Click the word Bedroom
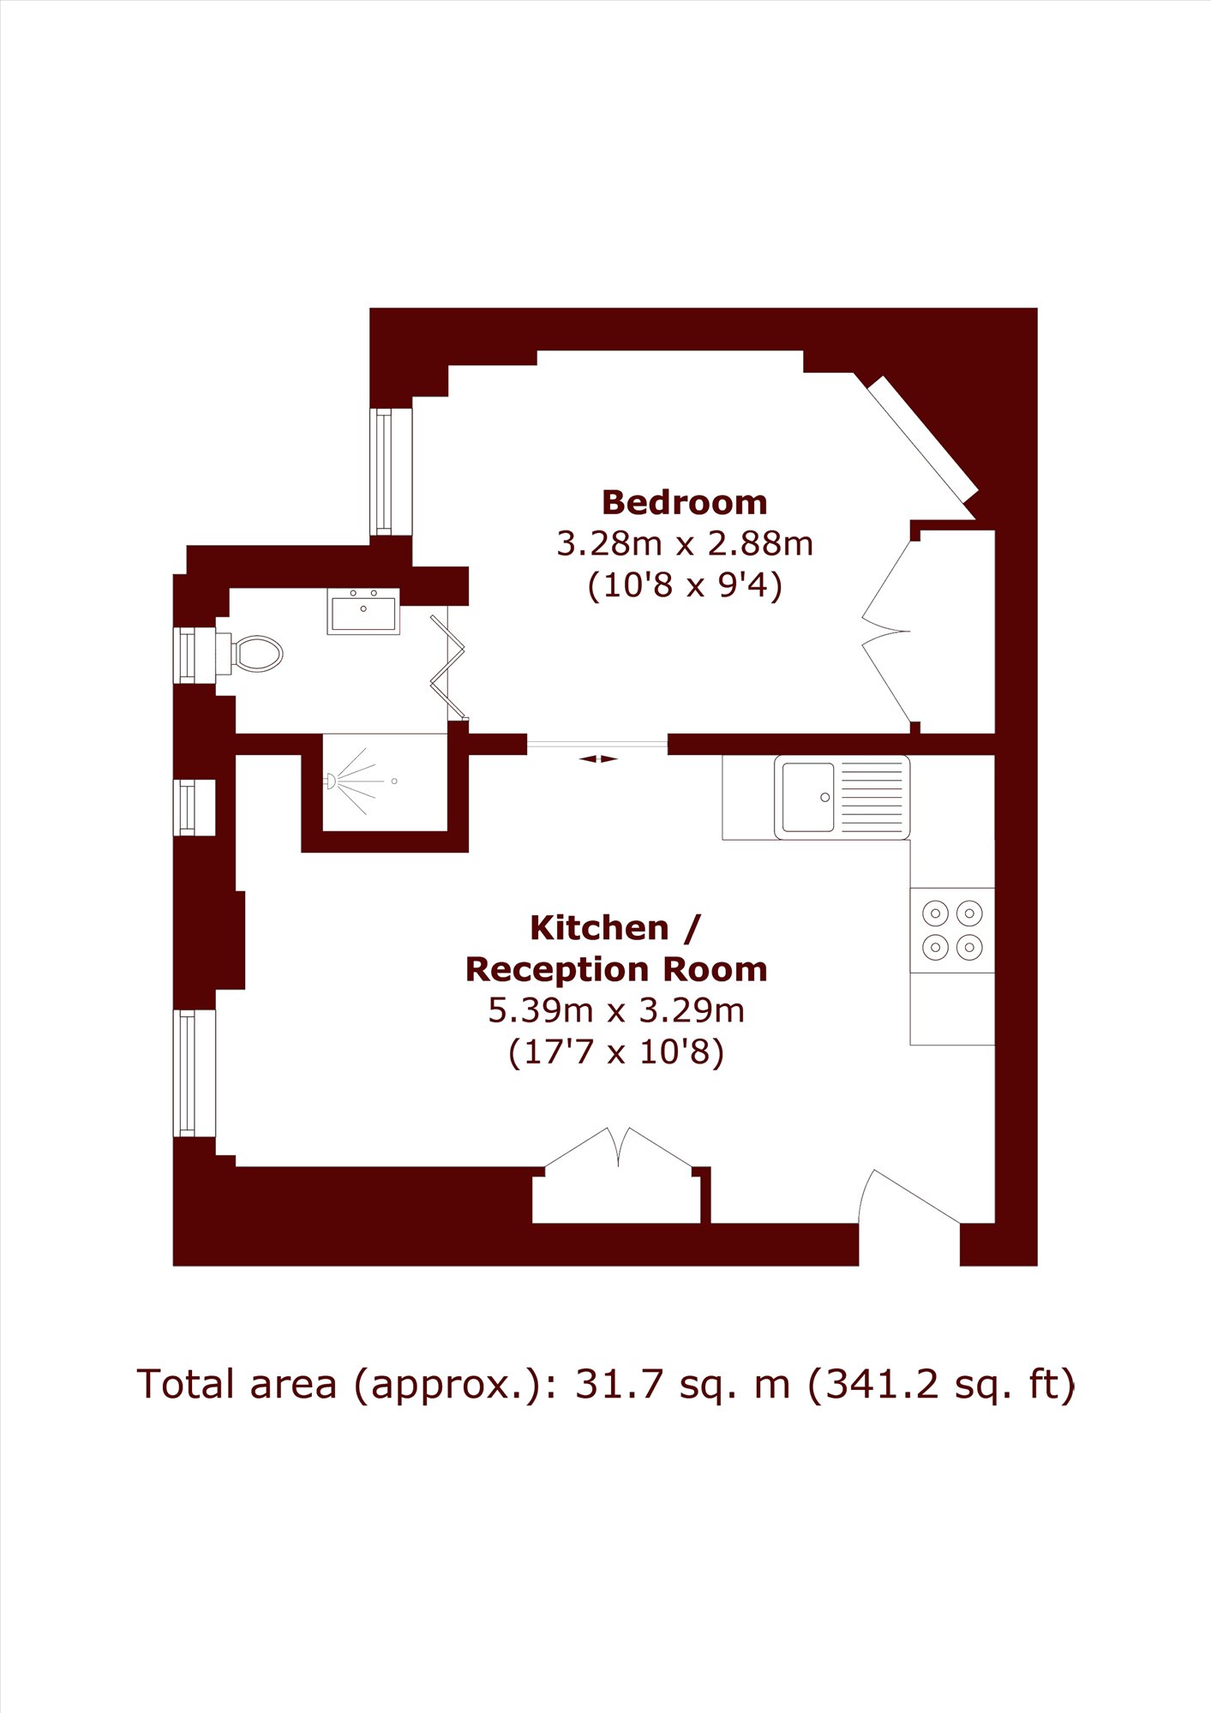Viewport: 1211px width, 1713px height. pyautogui.click(x=684, y=502)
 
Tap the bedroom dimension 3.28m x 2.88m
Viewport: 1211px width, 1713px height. pyautogui.click(x=684, y=543)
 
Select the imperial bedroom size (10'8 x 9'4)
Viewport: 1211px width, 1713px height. pyautogui.click(x=684, y=585)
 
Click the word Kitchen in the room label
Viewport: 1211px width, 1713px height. pyautogui.click(x=599, y=927)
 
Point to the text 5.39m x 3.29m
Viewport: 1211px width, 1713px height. pyautogui.click(x=616, y=1010)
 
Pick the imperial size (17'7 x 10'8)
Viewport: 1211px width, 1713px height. pyautogui.click(x=616, y=1051)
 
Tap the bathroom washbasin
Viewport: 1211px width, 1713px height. pyautogui.click(x=363, y=611)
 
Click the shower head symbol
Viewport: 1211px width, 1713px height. pyautogui.click(x=330, y=781)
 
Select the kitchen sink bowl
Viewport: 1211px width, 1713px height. pyautogui.click(x=808, y=797)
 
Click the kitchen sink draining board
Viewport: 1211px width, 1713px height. pyautogui.click(x=872, y=797)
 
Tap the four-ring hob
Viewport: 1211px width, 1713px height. pyautogui.click(x=952, y=930)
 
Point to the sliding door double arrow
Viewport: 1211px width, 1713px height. pyautogui.click(x=598, y=758)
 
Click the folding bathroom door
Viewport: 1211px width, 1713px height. pyautogui.click(x=448, y=667)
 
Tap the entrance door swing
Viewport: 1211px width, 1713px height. pyautogui.click(x=908, y=1196)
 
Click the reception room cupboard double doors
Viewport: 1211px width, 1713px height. pyautogui.click(x=618, y=1147)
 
